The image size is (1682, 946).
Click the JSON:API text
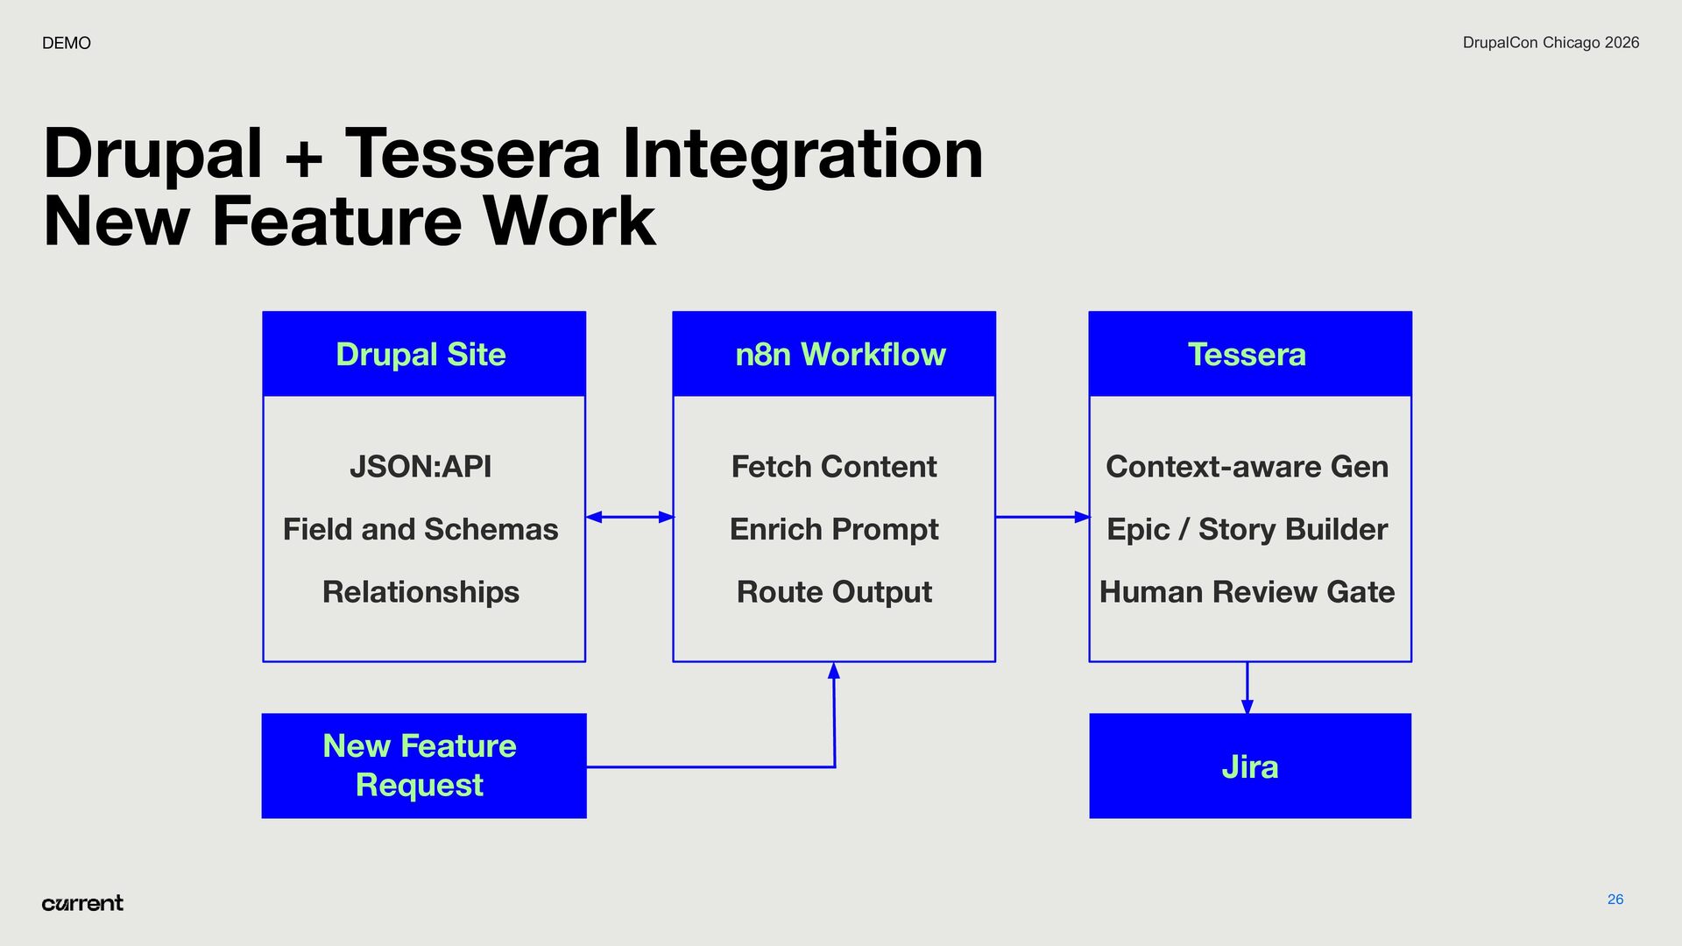point(420,467)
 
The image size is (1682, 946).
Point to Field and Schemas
point(420,529)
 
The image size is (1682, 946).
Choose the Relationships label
point(420,592)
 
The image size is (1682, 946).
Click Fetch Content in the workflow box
point(834,467)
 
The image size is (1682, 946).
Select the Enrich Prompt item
point(834,529)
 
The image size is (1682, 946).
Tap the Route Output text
point(834,592)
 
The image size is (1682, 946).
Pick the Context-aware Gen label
point(1247,467)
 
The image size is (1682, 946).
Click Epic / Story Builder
point(1247,529)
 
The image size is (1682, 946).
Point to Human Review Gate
point(1247,592)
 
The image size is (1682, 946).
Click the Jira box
point(1250,766)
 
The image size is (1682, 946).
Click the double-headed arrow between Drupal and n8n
point(629,517)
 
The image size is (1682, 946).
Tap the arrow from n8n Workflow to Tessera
point(1042,517)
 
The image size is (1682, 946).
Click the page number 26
point(1615,900)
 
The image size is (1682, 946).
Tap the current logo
point(82,903)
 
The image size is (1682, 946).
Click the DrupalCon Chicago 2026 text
point(1551,43)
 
